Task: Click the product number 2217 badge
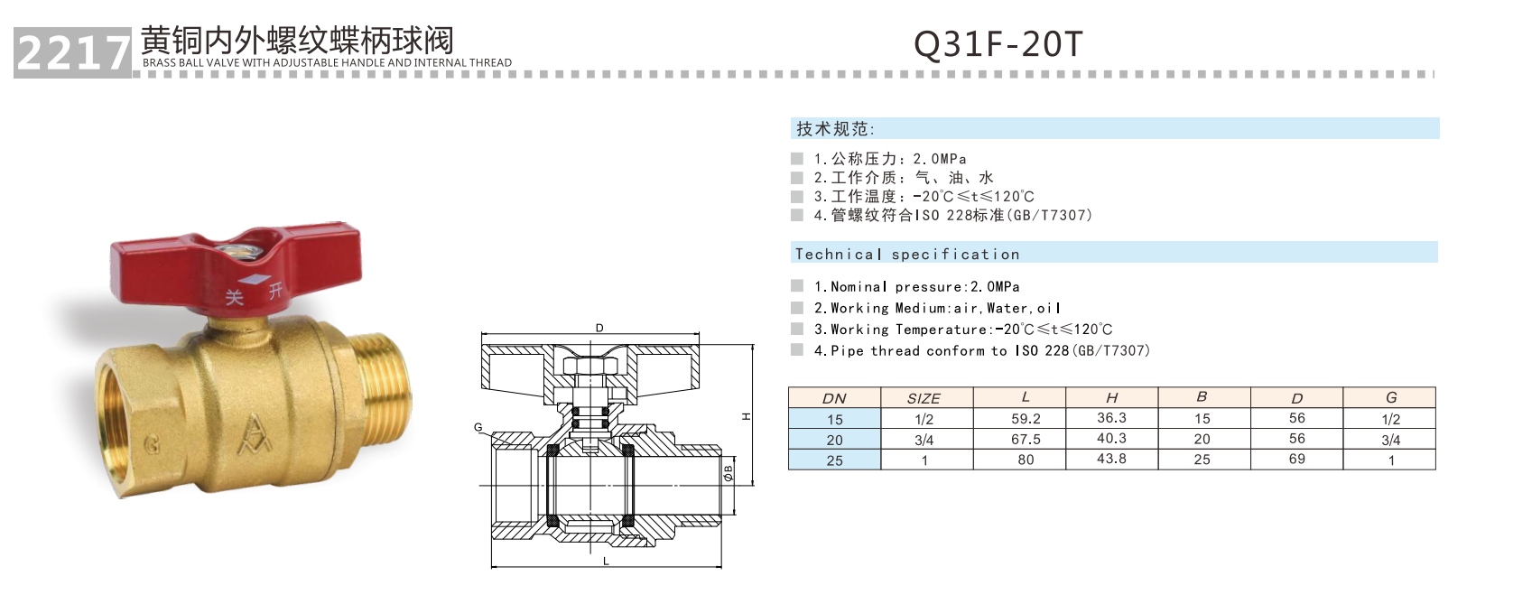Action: pos(72,53)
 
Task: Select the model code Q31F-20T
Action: pos(998,43)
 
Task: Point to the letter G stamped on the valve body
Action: pos(152,443)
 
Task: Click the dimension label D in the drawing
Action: pos(599,328)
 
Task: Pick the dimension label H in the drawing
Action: pos(747,416)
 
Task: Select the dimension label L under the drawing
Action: pos(606,562)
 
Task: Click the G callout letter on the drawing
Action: pos(478,428)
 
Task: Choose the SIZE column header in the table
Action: pos(924,398)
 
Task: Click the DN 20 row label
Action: pos(834,440)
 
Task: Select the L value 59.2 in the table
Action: pos(1026,419)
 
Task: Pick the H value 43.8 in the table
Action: pos(1111,459)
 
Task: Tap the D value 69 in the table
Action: pos(1296,459)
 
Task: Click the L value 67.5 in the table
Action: pos(1026,440)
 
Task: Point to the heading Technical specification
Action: pos(907,255)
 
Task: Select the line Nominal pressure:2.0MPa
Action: pos(916,287)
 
